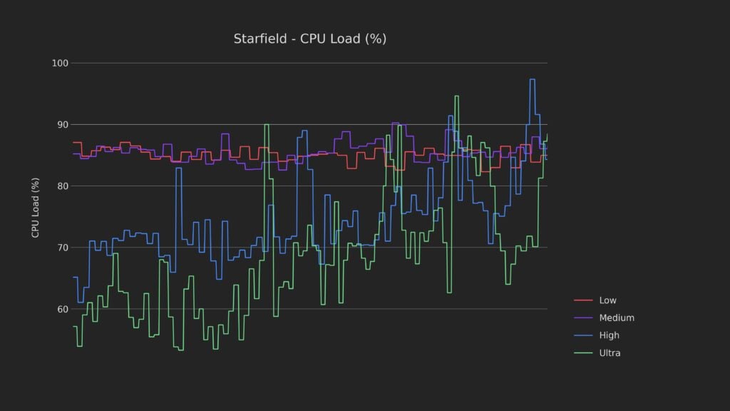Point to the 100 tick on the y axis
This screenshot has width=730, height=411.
point(60,64)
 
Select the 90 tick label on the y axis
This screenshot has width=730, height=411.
point(61,125)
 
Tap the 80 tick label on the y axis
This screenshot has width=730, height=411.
point(61,186)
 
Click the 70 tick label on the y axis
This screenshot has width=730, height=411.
point(61,248)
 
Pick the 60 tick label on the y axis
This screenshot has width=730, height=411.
point(61,309)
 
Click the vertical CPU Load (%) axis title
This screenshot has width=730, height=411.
point(35,208)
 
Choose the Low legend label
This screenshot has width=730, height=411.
point(608,300)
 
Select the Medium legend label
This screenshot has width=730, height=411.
point(616,318)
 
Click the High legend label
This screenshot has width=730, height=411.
point(609,335)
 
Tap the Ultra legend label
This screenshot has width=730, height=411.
point(610,353)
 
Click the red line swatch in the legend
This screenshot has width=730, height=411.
point(583,300)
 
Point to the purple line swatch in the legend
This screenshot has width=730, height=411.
point(583,318)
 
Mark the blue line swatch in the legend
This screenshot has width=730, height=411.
point(583,335)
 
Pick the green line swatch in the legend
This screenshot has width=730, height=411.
point(583,353)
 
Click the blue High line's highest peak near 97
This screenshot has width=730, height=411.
point(532,79)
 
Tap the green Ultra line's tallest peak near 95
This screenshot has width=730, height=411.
point(456,96)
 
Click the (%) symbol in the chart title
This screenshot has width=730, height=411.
point(376,39)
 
